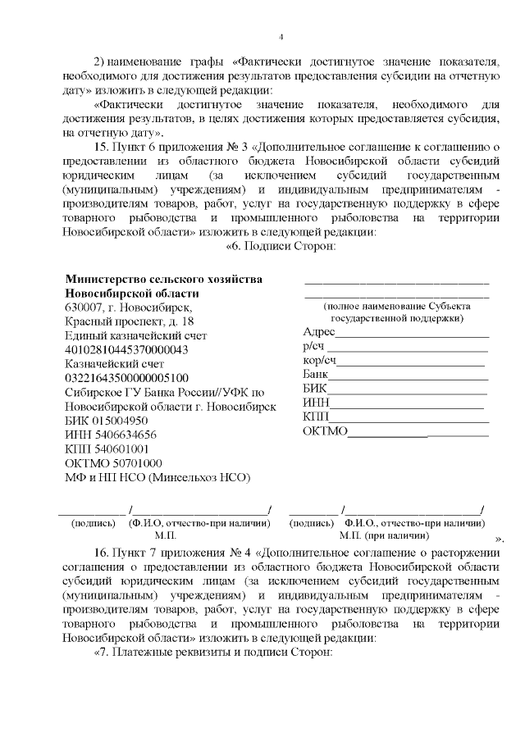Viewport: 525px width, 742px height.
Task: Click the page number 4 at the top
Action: (281, 37)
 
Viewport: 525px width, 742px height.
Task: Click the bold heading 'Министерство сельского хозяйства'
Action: (163, 279)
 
